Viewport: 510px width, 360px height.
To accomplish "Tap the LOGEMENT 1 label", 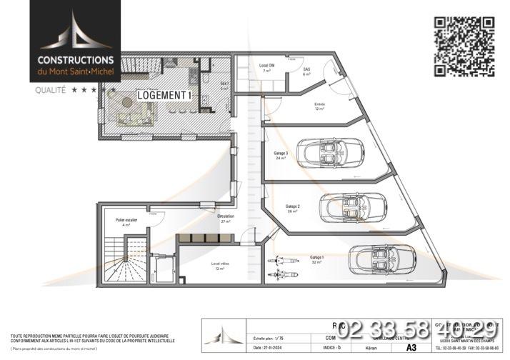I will coord(164,95).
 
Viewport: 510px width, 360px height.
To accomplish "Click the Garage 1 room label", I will coord(316,259).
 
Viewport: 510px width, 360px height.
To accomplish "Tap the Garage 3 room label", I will coord(281,156).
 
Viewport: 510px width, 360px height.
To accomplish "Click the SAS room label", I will coord(307,69).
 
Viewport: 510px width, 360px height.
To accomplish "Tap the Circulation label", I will coord(226,218).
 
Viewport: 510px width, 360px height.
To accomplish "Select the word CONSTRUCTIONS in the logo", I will coord(76,61).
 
